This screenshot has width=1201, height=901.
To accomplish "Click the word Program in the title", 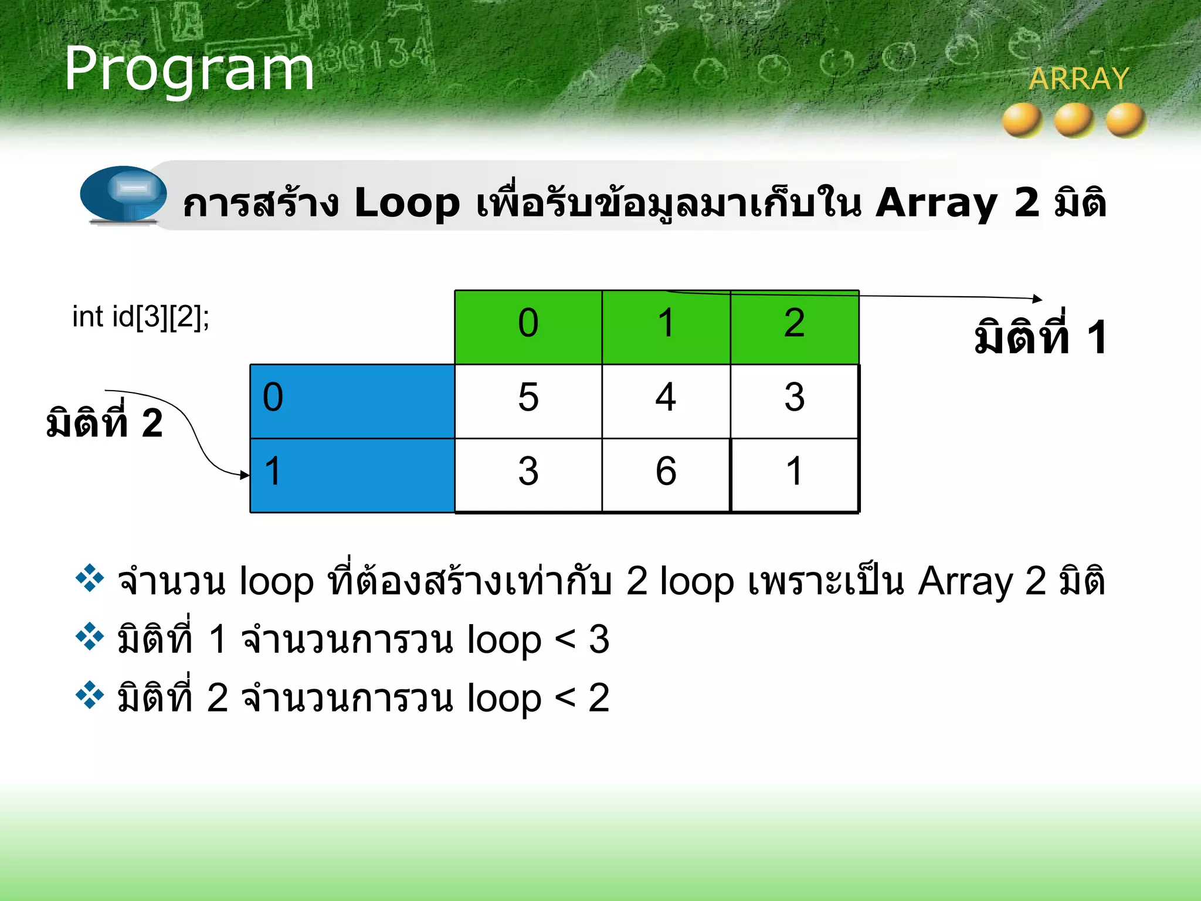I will [x=189, y=69].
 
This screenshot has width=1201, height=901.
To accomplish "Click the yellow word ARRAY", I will [x=1078, y=79].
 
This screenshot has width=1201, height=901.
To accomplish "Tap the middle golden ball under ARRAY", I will [x=1074, y=120].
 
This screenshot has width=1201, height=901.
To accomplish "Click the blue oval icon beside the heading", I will [x=124, y=194].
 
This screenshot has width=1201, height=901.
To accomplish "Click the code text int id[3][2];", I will [x=141, y=317].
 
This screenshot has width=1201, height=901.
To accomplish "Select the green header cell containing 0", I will [x=528, y=326].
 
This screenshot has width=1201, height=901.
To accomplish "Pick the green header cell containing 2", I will [x=794, y=326].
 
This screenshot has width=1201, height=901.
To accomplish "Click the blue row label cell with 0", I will [x=352, y=401].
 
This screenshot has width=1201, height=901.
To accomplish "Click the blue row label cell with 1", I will [x=352, y=475].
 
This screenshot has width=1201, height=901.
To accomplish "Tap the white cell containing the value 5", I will [x=528, y=401].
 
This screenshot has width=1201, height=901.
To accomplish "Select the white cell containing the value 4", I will [x=666, y=401].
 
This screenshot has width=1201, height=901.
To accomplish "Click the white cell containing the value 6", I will [x=666, y=475].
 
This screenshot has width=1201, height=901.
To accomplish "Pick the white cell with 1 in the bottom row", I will [x=794, y=475].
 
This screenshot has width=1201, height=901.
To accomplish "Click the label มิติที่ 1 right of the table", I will [x=1040, y=337].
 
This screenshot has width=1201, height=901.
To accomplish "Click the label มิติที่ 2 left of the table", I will [x=104, y=422].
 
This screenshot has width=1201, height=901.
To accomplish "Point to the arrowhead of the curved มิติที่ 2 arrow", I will [x=245, y=475].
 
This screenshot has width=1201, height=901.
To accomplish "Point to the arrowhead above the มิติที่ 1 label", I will [x=1037, y=299].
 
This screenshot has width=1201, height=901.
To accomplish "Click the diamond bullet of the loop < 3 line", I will [x=90, y=637].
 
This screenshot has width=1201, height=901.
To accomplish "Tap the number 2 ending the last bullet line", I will [x=599, y=698].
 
